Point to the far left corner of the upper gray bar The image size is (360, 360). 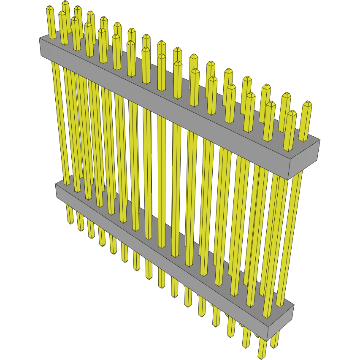pyautogui.click(x=40, y=39)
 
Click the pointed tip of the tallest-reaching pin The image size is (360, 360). pyautogui.click(x=65, y=3)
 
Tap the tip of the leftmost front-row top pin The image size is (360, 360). pyautogui.click(x=62, y=14)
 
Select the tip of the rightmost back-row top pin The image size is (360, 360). pyautogui.click(x=307, y=104)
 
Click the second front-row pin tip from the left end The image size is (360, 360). pyautogui.click(x=75, y=19)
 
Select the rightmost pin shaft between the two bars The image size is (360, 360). pyautogui.click(x=293, y=236)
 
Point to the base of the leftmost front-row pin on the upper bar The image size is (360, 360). pyautogui.click(x=65, y=43)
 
